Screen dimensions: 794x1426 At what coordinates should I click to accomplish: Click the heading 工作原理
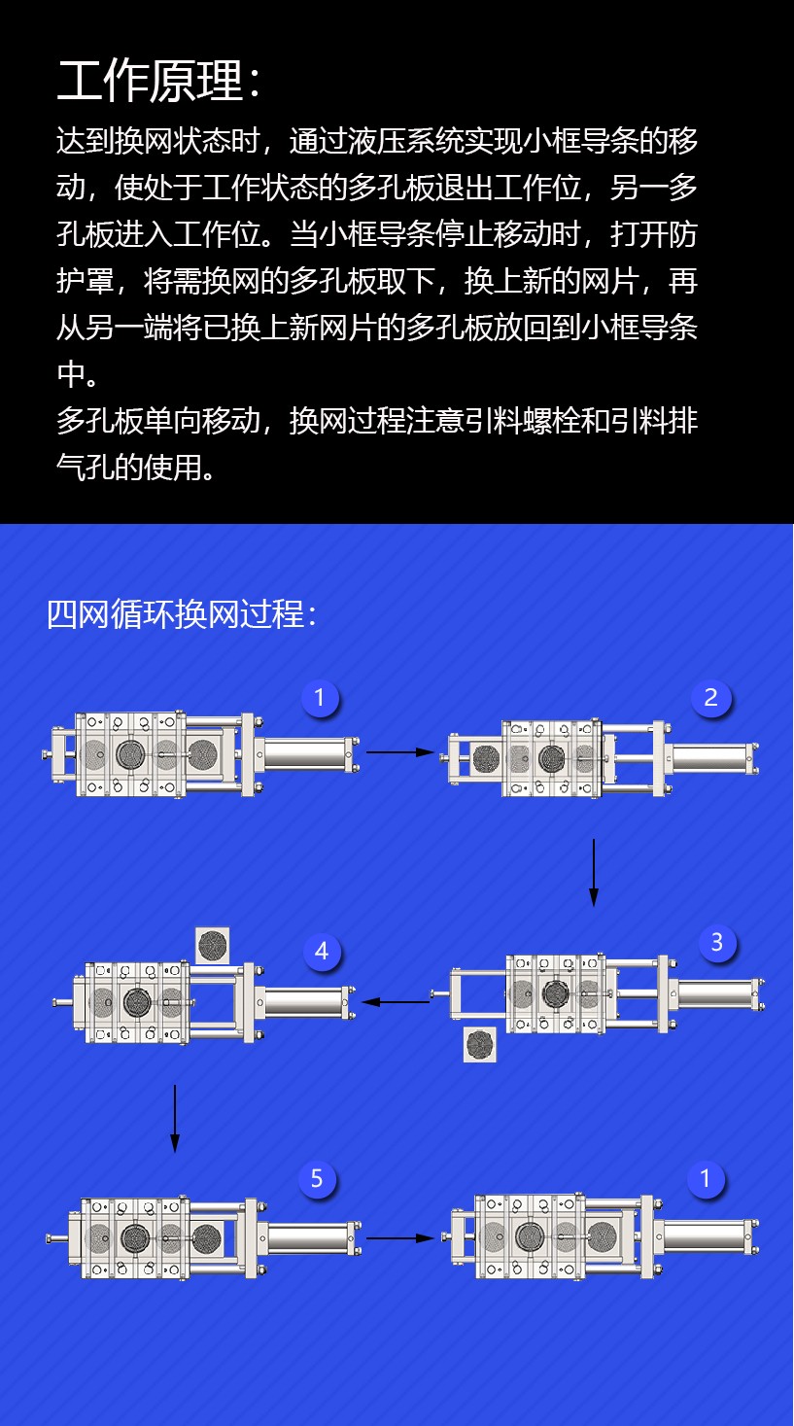coord(151,82)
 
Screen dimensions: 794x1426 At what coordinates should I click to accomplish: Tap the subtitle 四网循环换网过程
coord(175,614)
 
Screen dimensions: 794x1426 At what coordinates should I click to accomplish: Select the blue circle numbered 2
coord(711,698)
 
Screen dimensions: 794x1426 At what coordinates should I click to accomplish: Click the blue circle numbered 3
coord(717,942)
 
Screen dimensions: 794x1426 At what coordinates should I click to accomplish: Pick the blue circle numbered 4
coord(322,951)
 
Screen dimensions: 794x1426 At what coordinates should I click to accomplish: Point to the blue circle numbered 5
coord(317,1178)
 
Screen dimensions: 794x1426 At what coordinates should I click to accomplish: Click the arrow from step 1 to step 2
coord(400,751)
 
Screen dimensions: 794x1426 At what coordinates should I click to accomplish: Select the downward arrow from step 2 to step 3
coord(594,872)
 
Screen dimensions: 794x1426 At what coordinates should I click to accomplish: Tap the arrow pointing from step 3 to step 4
coord(396,1002)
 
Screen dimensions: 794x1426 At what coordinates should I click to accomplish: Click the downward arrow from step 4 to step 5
coord(175,1119)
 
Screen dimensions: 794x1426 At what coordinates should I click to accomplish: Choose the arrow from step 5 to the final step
coord(400,1238)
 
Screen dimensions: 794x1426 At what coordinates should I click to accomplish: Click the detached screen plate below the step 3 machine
coord(480,1044)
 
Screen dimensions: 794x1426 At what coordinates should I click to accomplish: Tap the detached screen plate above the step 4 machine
coord(213,946)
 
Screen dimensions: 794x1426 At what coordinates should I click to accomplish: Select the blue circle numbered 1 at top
coord(320,698)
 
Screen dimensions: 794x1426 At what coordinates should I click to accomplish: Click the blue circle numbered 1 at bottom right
coord(705,1178)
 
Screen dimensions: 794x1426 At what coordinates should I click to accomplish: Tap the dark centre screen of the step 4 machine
coord(137,1002)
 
